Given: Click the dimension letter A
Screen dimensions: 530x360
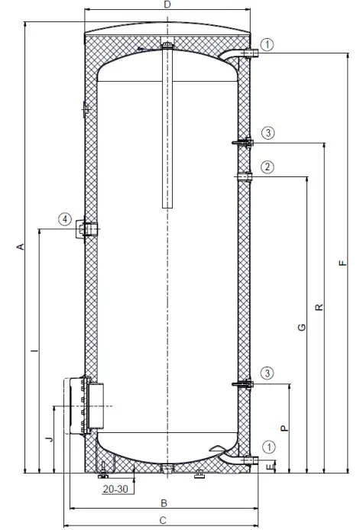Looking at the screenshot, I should (x=21, y=247).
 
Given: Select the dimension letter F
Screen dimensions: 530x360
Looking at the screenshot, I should (x=343, y=263).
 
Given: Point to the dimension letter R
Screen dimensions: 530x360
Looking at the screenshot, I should (x=319, y=307).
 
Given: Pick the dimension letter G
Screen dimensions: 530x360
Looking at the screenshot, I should (x=302, y=328).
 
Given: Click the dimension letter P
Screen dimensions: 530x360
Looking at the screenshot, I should (x=284, y=428).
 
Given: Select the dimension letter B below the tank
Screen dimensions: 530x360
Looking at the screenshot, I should (x=163, y=503).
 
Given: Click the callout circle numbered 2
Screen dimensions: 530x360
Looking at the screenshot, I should (x=267, y=166).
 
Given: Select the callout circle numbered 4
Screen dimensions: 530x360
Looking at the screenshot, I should (x=66, y=220).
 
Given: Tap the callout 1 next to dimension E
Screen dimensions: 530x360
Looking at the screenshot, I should (x=267, y=447).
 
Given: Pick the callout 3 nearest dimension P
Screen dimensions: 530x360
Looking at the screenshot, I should (x=267, y=373).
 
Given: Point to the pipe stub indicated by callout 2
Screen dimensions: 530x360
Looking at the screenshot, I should (x=244, y=177).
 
